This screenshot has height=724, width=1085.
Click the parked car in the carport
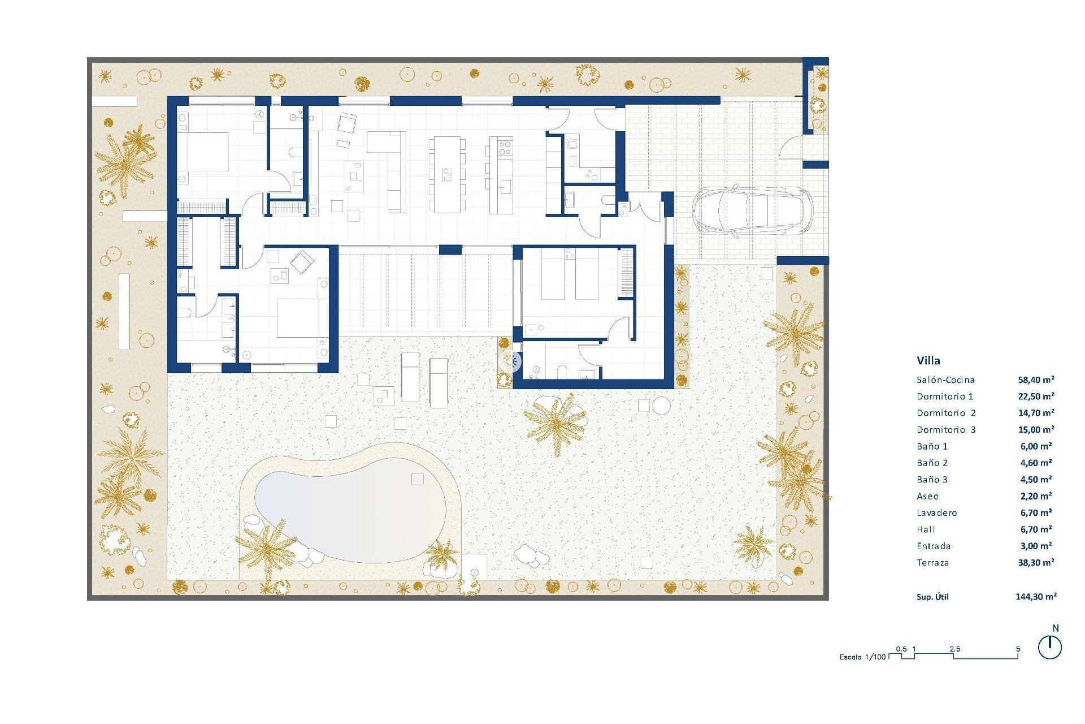pyautogui.click(x=752, y=211)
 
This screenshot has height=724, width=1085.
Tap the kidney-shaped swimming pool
pyautogui.click(x=350, y=512)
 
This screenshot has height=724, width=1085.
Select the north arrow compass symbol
pyautogui.click(x=1050, y=647)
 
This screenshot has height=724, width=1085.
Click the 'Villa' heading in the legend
pyautogui.click(x=928, y=360)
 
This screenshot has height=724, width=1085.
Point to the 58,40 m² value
pyautogui.click(x=1036, y=380)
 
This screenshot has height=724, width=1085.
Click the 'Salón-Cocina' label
pyautogui.click(x=945, y=380)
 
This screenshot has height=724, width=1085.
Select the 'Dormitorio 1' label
pyautogui.click(x=945, y=397)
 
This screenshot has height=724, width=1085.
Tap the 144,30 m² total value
pyautogui.click(x=1036, y=596)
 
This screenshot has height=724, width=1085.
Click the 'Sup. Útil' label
pyautogui.click(x=932, y=597)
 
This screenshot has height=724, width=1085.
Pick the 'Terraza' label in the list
pyautogui.click(x=932, y=563)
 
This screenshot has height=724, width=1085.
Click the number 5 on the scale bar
pyautogui.click(x=1018, y=649)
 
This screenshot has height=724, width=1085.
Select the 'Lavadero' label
pyautogui.click(x=937, y=513)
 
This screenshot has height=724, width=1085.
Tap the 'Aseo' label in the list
pyautogui.click(x=927, y=497)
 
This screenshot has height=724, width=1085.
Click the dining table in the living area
pyautogui.click(x=447, y=174)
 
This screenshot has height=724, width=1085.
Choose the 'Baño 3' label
pyautogui.click(x=932, y=480)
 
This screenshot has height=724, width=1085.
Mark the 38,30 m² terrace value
pyautogui.click(x=1036, y=563)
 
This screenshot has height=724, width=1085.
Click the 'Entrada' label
pyautogui.click(x=934, y=546)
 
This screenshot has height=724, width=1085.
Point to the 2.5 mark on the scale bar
pyautogui.click(x=955, y=649)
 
